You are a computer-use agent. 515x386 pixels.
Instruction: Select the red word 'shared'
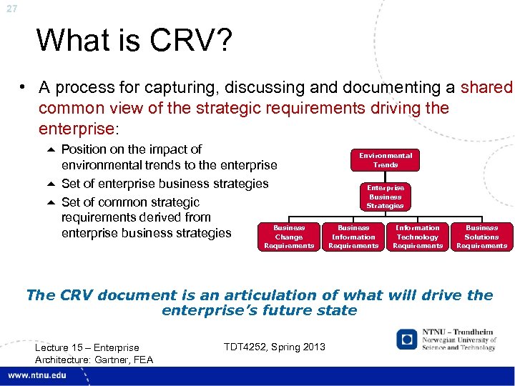point(487,88)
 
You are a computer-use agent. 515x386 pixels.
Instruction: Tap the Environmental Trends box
point(385,159)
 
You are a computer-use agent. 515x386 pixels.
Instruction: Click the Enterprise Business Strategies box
point(385,197)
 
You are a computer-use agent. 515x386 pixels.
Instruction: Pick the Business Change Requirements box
point(289,237)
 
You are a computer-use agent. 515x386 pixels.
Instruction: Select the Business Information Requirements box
point(353,237)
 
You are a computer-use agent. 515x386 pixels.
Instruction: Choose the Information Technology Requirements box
point(418,237)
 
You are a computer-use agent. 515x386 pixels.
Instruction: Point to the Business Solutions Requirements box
point(481,237)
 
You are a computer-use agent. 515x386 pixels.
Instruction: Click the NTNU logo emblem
point(407,340)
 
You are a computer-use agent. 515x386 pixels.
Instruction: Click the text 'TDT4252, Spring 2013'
point(274,347)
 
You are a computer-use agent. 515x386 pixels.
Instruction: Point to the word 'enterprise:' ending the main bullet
point(75,128)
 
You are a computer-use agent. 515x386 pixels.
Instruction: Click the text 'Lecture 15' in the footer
point(59,348)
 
